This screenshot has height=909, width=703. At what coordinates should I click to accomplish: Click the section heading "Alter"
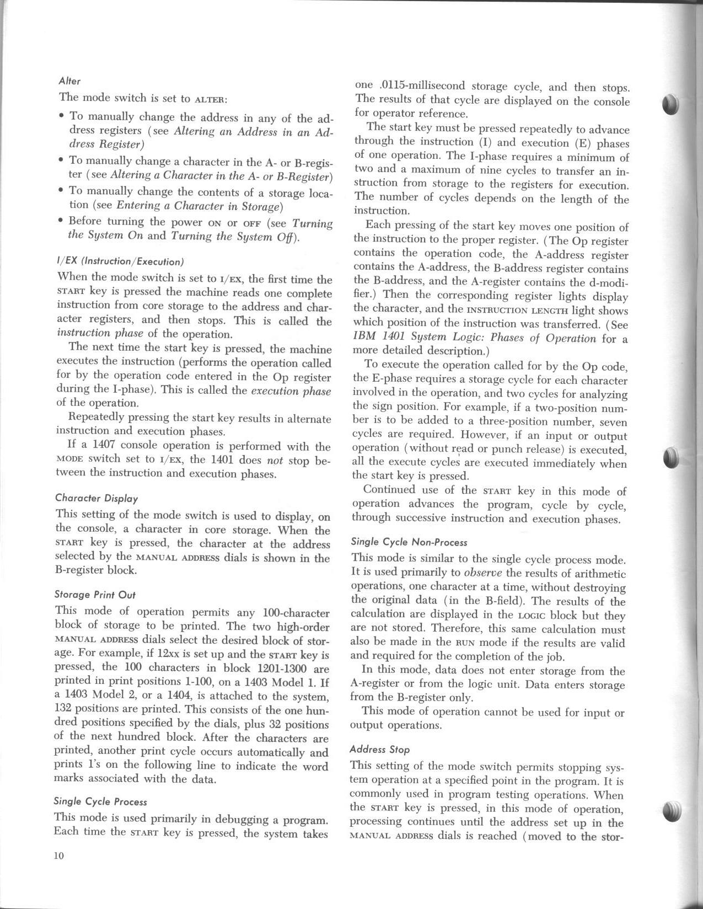69,81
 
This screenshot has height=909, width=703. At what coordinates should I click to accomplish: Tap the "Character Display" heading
96,498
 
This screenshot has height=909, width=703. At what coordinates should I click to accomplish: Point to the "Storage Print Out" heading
95,595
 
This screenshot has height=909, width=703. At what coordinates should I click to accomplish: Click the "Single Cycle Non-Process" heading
409,542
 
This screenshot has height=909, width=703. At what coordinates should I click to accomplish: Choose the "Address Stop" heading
380,750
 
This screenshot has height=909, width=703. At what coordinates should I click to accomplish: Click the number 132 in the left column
65,710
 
